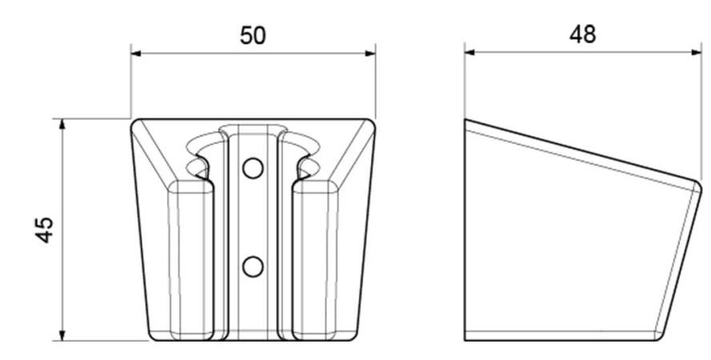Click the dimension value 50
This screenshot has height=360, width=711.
click(x=253, y=36)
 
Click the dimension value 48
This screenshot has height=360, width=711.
click(x=583, y=34)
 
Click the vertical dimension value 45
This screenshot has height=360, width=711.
click(x=45, y=230)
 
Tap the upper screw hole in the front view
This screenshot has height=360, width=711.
click(x=253, y=168)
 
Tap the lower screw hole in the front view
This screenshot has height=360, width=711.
click(x=253, y=266)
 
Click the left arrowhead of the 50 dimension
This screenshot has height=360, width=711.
click(x=136, y=54)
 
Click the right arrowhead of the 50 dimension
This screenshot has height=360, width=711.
click(x=370, y=54)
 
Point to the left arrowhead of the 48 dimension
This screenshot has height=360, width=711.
click(x=469, y=52)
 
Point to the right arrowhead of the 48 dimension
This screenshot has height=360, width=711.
click(x=696, y=52)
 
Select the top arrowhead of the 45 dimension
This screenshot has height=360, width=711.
click(x=62, y=124)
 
